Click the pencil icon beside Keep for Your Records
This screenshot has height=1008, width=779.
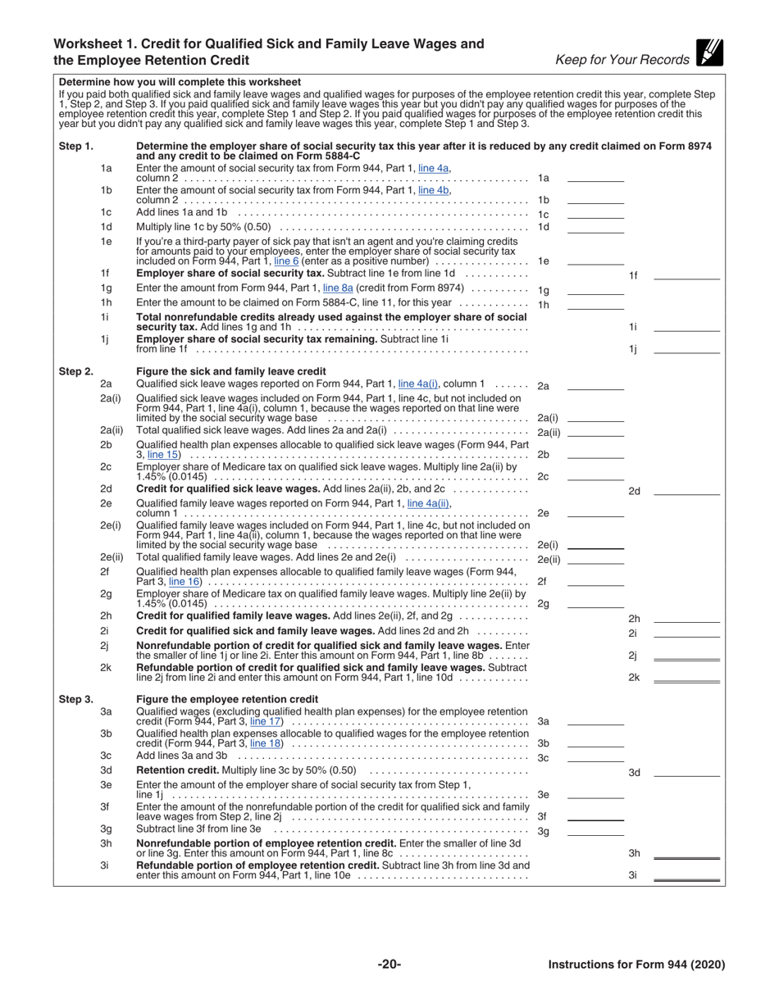tap(708, 52)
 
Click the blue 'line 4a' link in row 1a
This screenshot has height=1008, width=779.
tap(434, 168)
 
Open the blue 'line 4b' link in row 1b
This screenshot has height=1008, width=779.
tap(434, 190)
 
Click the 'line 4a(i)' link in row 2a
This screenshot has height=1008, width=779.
tap(418, 383)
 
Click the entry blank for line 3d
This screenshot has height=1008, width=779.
tap(686, 772)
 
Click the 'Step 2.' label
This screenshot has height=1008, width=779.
tap(75, 371)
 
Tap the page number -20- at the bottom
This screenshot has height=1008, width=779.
tap(389, 965)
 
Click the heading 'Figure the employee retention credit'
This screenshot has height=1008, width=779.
tap(227, 699)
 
